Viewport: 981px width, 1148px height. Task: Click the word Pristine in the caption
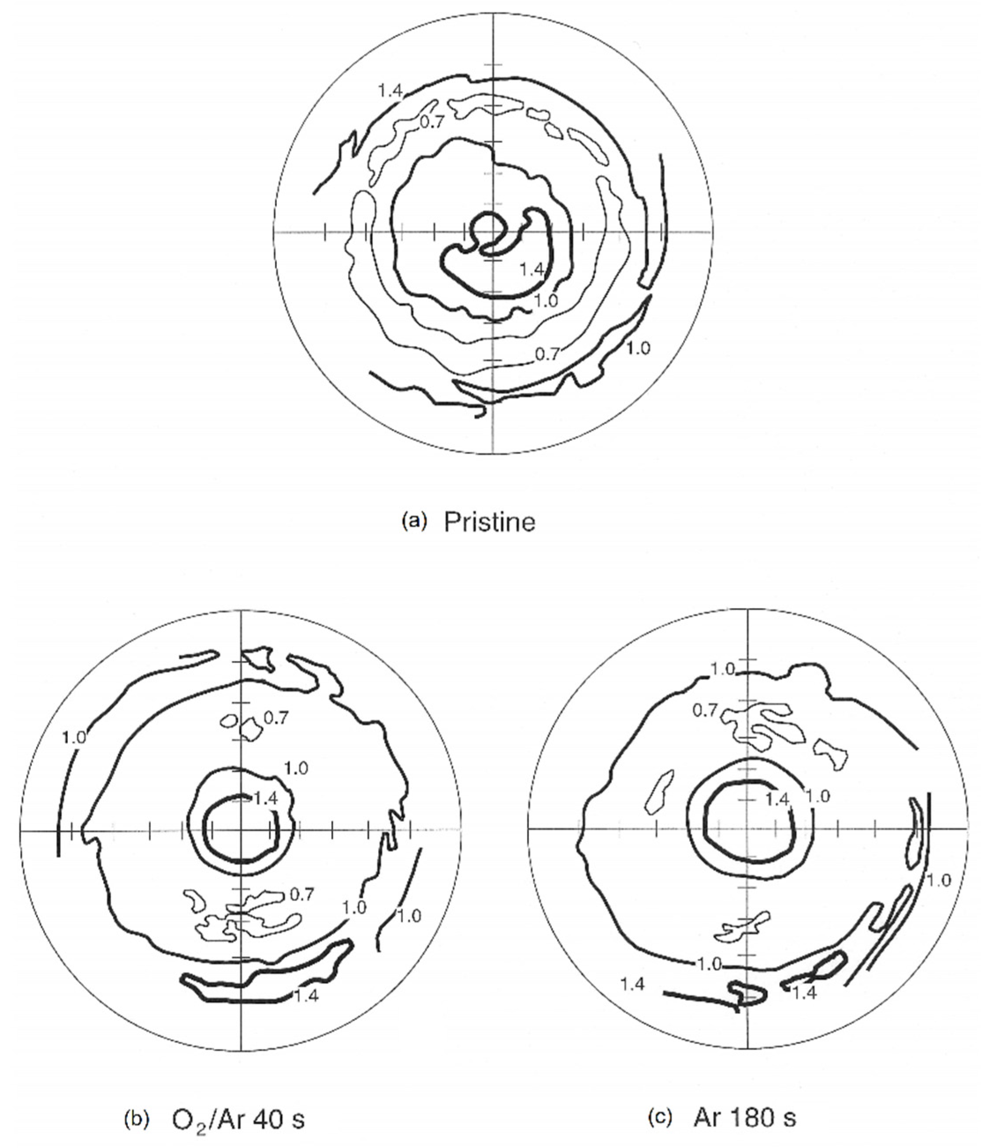[489, 522]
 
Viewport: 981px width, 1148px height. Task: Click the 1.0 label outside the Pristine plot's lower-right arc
[638, 348]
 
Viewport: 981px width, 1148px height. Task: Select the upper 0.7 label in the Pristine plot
[431, 122]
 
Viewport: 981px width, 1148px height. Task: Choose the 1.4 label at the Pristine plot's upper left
[390, 90]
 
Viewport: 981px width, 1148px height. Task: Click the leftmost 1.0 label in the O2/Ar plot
[74, 738]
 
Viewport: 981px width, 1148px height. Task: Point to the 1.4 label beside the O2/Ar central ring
[265, 798]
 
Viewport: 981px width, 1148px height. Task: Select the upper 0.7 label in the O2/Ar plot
[275, 718]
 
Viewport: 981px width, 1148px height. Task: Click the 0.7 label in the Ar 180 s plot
[705, 710]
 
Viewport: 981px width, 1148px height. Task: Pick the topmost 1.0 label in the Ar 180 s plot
[723, 669]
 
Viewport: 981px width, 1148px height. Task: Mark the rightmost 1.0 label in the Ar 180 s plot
[938, 880]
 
